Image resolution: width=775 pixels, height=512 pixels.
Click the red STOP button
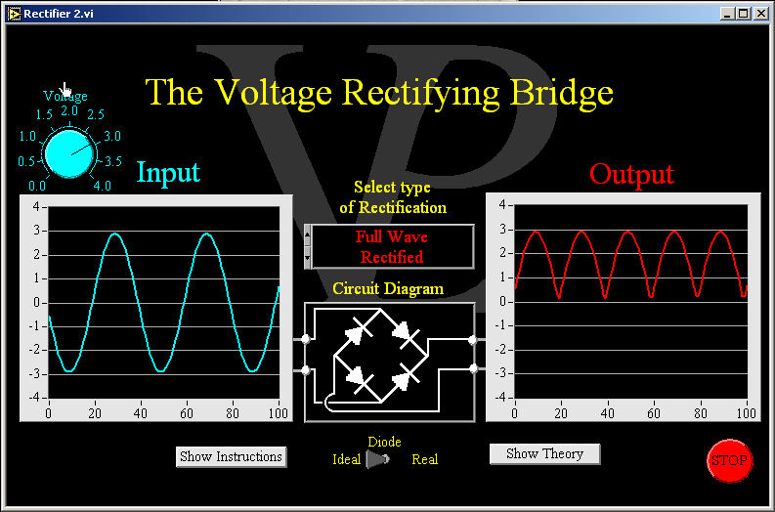(728, 460)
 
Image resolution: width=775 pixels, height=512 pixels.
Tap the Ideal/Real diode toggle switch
(377, 459)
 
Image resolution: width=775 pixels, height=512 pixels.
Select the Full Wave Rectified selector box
(392, 247)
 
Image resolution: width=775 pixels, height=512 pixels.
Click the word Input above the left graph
(168, 172)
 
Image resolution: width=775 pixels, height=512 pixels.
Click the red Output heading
(631, 174)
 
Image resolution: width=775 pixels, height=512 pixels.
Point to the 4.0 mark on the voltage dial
(102, 186)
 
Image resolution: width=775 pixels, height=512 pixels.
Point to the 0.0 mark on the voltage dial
(36, 186)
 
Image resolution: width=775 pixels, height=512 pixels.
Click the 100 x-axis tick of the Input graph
(279, 413)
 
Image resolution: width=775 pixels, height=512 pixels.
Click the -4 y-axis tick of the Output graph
(502, 398)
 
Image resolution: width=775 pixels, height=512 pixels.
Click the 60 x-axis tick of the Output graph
(653, 413)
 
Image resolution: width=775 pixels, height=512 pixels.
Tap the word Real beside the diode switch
(424, 459)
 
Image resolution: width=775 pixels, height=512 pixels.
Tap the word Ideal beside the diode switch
(347, 459)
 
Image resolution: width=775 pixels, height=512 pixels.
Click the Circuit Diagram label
(388, 289)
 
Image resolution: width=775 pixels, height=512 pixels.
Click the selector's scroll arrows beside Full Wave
(309, 246)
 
